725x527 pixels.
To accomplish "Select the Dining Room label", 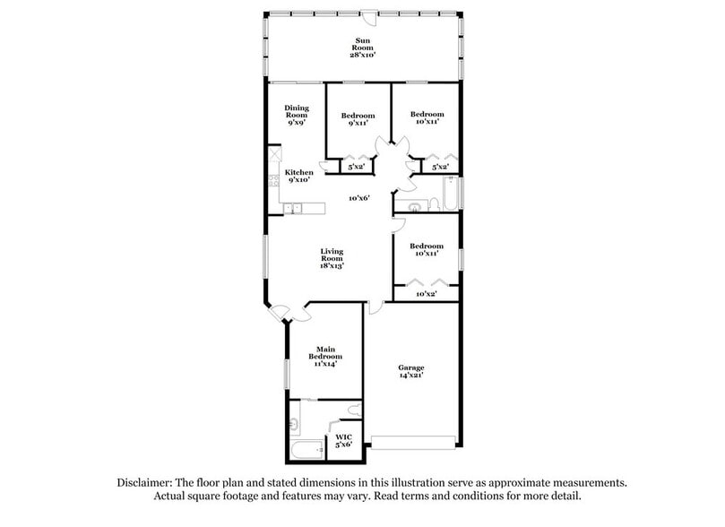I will coord(297,111).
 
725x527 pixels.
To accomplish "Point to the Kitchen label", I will coord(298,172).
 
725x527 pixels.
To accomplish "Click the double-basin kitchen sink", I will coord(293,209).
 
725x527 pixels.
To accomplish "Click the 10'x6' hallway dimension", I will coord(360,198).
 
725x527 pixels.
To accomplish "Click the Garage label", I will coord(412,367).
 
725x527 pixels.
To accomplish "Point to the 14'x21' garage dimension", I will coord(412,376).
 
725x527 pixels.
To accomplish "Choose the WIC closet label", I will coord(344,436).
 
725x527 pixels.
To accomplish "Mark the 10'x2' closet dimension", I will coord(427,294).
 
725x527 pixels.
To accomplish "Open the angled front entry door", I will coord(281,312).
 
